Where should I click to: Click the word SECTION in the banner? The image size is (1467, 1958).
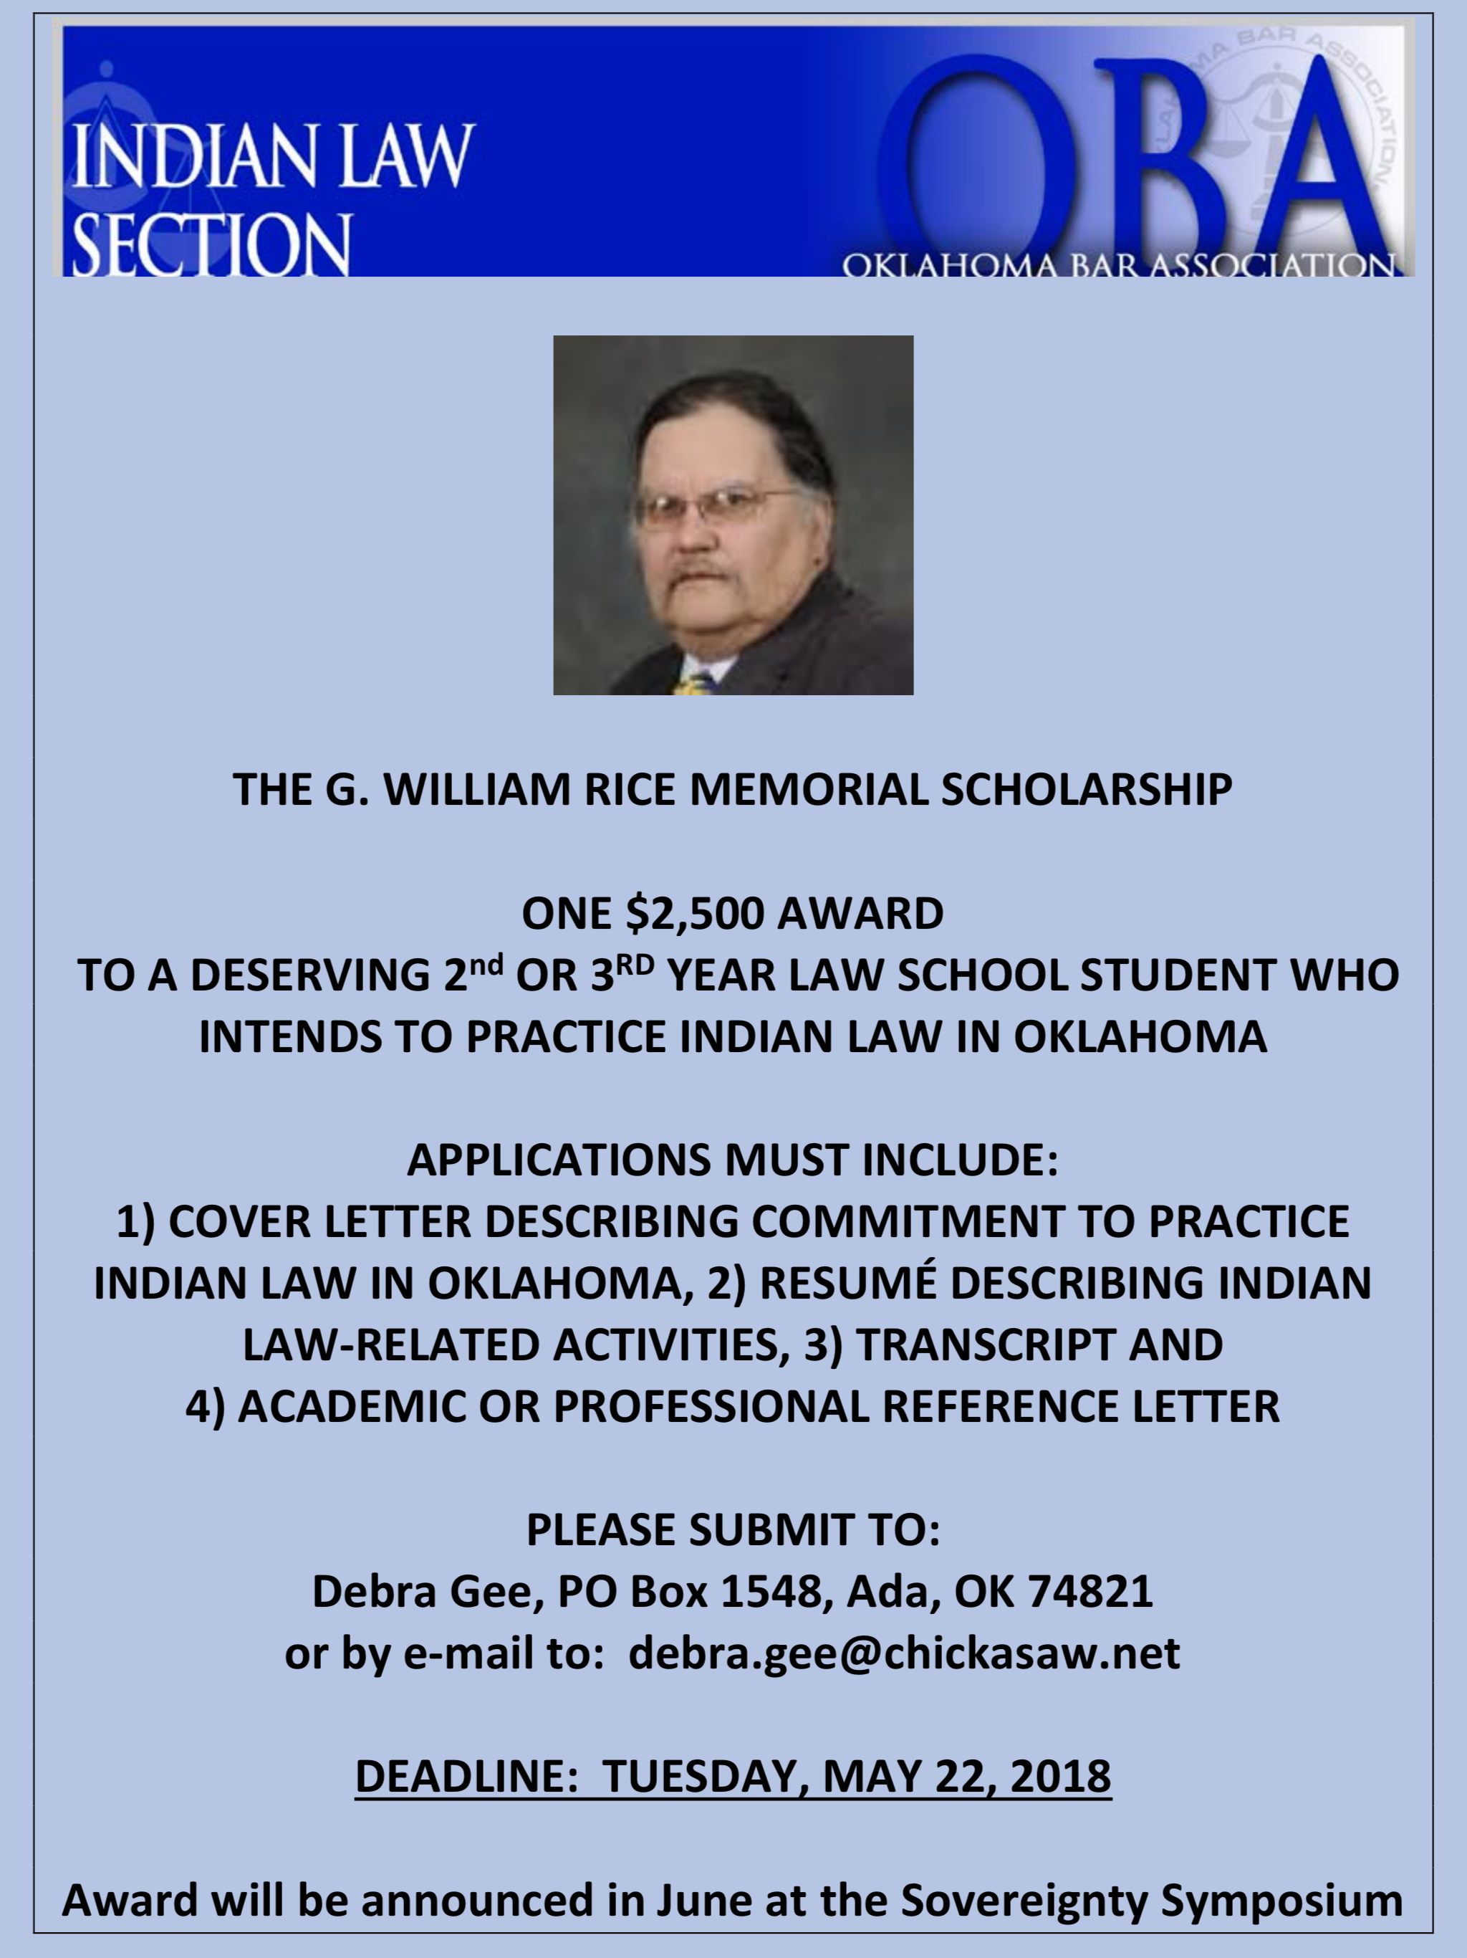click(211, 244)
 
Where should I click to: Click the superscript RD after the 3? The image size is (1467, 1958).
click(635, 963)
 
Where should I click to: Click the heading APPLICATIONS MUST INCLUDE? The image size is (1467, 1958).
click(733, 1160)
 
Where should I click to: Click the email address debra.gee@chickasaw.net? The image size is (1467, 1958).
click(903, 1653)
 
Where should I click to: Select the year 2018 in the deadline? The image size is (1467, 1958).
click(1061, 1776)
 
